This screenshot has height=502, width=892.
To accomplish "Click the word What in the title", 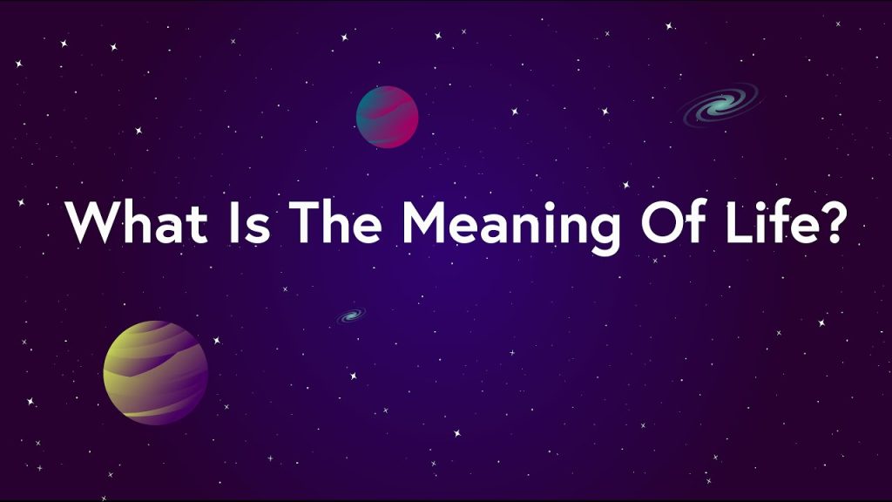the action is (136, 222).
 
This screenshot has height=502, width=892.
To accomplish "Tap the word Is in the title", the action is (248, 222).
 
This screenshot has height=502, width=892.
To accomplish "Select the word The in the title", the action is (334, 222).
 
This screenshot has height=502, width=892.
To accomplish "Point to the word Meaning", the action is (510, 226).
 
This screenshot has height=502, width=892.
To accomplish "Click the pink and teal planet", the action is (387, 117).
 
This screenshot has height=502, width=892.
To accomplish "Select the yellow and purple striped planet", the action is (155, 373).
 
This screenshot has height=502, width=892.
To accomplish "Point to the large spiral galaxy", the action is (721, 105).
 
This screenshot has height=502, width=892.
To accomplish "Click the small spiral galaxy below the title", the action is (350, 315).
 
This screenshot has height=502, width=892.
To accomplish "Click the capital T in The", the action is (307, 222).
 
